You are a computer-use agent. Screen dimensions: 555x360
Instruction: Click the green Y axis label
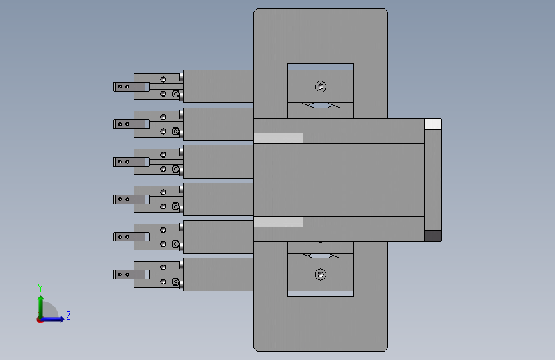pos(40,288)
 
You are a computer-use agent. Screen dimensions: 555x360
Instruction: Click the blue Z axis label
pos(68,315)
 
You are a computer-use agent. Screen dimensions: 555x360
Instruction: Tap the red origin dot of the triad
pos(40,320)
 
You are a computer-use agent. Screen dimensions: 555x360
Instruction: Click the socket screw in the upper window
pos(321,86)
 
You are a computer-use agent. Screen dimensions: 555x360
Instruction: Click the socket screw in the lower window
pos(321,274)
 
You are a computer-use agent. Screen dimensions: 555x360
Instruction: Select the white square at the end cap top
pos(433,124)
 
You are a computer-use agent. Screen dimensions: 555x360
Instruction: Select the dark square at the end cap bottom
pos(433,236)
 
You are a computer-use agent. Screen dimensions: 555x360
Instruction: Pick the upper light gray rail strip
pos(278,138)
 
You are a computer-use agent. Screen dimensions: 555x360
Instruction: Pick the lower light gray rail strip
pos(278,222)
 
